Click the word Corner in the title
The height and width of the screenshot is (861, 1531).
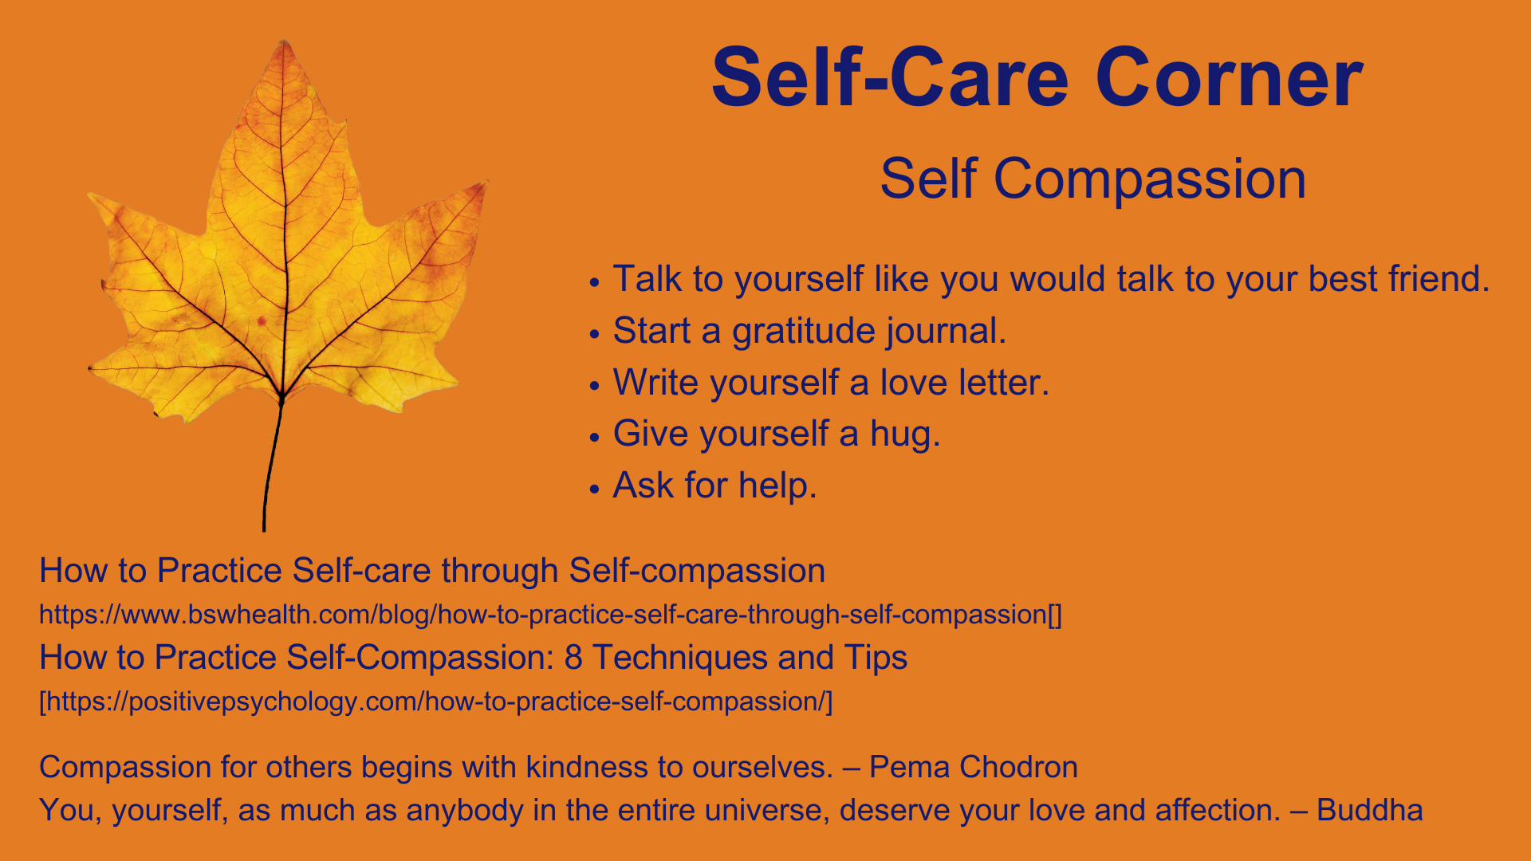tap(1229, 78)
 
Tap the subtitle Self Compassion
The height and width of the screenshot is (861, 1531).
tap(1093, 179)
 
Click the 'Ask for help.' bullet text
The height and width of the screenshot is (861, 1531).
tap(714, 486)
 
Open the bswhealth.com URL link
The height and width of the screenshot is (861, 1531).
tap(550, 615)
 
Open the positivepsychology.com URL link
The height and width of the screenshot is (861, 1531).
tap(436, 702)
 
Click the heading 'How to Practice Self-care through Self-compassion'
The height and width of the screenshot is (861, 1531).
tap(432, 571)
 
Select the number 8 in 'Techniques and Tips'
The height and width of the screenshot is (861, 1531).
tap(573, 658)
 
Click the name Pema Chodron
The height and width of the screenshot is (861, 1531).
tap(974, 767)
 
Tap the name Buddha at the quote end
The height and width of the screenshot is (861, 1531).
tap(1370, 810)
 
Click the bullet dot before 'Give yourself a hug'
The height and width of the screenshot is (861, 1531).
tap(594, 437)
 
